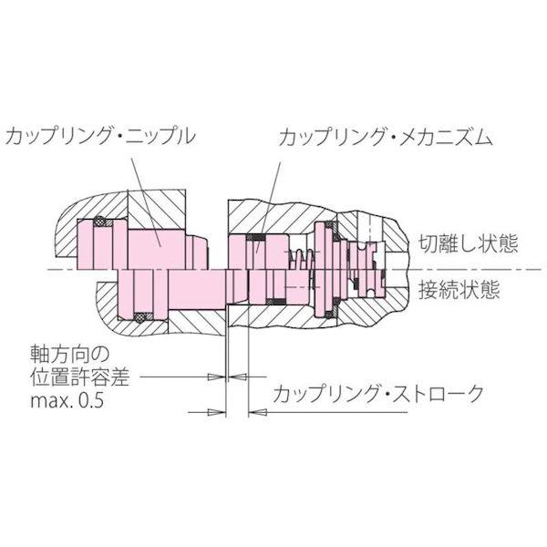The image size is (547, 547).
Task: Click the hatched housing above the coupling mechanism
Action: coord(273,215)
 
